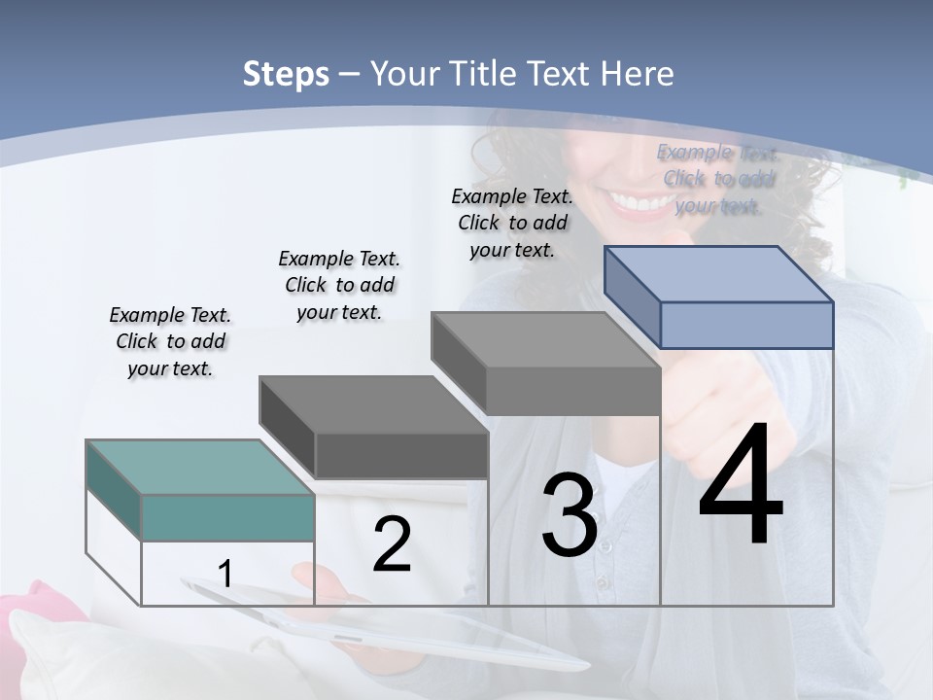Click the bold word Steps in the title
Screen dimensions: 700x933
click(286, 74)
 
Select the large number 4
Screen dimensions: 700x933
click(741, 486)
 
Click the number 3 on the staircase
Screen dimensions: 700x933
click(570, 515)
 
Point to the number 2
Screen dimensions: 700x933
click(392, 544)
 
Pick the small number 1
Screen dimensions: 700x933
click(225, 574)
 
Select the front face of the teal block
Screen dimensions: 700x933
click(227, 517)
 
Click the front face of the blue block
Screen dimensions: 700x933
click(746, 325)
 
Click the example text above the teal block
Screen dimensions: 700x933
click(170, 342)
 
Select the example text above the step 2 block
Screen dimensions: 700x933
click(339, 286)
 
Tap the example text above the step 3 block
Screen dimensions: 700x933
click(512, 224)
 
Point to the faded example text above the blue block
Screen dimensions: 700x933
click(717, 179)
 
